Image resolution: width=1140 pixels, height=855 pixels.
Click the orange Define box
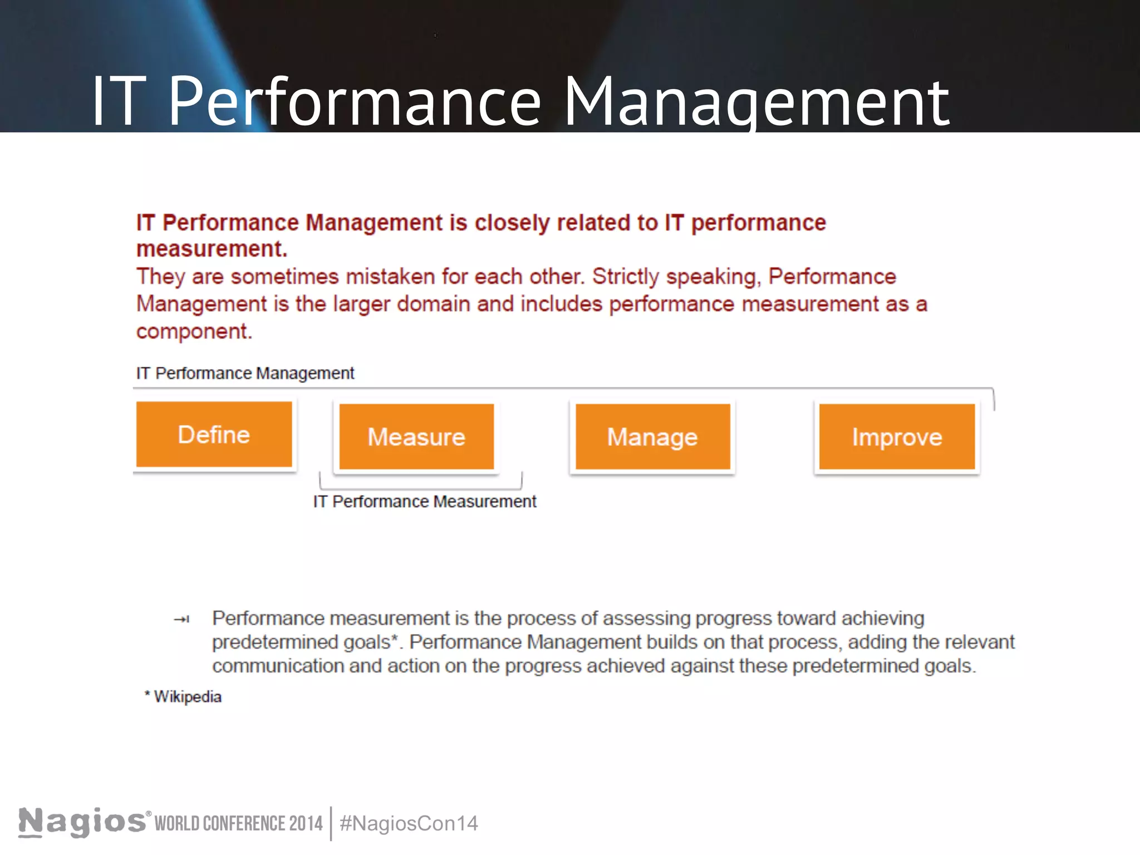(214, 434)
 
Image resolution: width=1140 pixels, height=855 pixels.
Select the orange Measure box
(416, 436)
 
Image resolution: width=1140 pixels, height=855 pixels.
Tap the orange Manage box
(652, 436)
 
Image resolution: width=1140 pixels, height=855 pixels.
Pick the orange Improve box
(897, 437)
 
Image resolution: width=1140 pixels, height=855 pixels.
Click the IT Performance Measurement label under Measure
(425, 502)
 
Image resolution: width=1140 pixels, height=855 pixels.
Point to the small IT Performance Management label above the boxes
(245, 373)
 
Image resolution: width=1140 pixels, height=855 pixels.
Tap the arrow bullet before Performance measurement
(182, 619)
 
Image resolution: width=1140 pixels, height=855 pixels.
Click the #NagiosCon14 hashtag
(409, 823)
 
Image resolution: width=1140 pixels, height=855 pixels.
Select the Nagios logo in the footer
(82, 822)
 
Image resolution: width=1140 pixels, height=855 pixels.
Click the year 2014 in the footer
(306, 823)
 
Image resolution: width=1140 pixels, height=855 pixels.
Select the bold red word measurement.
(212, 249)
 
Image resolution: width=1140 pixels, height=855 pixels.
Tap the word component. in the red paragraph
(194, 331)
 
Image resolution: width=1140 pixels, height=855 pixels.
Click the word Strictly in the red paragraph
(626, 277)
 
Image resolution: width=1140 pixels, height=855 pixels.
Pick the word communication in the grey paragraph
(278, 666)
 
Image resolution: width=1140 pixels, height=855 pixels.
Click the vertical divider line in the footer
(331, 823)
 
